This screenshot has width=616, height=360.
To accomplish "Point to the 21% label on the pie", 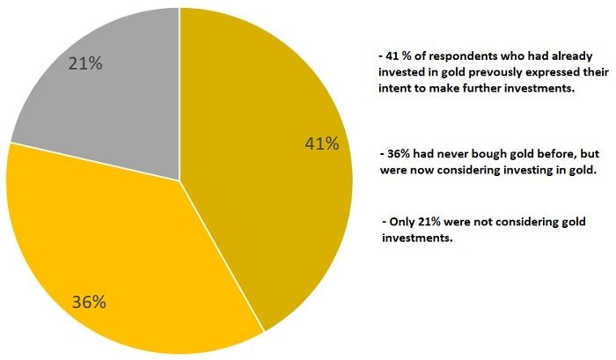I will pos(85,63).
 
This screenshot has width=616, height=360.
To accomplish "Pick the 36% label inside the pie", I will pos(89,302).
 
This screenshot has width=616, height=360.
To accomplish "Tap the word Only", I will pos(401,220).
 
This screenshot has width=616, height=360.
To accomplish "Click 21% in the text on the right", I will pos(430,220).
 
